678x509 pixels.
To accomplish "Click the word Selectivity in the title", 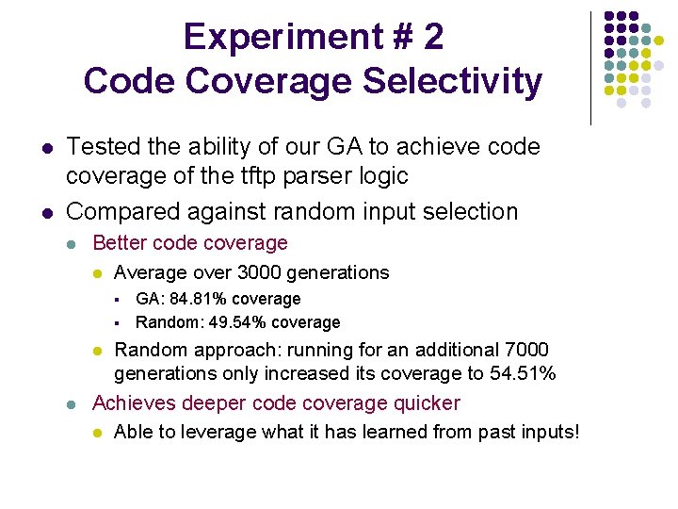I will tap(452, 81).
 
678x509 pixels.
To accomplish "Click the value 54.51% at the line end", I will tap(523, 373).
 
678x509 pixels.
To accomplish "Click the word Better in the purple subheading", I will tap(119, 243).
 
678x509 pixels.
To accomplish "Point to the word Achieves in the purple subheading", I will tap(132, 403).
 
